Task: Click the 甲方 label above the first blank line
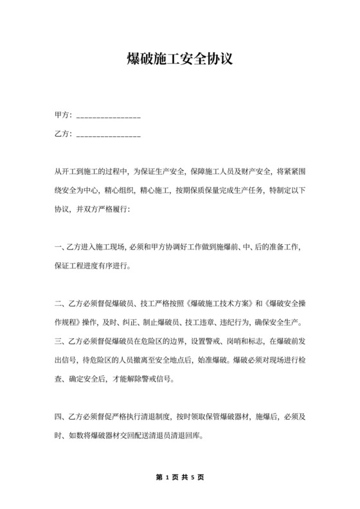pyautogui.click(x=62, y=116)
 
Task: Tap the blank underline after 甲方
pyautogui.click(x=108, y=117)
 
